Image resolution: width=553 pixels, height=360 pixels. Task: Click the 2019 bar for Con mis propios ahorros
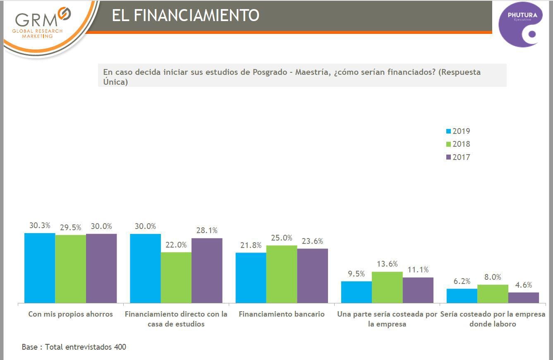(40, 268)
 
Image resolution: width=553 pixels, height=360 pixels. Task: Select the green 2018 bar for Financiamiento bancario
(282, 274)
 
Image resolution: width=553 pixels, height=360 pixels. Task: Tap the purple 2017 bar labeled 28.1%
(207, 270)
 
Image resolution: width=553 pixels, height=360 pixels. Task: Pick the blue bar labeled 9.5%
(357, 292)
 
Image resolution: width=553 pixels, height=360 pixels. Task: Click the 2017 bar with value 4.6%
(524, 298)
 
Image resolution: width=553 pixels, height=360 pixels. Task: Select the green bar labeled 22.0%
(176, 277)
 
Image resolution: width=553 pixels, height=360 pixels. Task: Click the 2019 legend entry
(458, 131)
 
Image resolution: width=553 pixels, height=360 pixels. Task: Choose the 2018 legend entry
(458, 144)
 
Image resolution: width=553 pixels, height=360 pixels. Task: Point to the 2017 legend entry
(458, 157)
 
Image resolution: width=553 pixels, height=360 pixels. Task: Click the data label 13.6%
(387, 264)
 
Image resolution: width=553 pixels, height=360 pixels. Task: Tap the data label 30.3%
(40, 226)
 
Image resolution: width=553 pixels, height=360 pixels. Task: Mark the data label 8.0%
(493, 277)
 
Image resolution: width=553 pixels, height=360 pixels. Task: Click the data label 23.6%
(312, 241)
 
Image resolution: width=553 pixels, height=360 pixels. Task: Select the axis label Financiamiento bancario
(282, 314)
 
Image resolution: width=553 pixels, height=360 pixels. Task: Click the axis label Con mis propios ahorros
(70, 314)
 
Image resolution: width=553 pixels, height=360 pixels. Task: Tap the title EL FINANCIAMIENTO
(185, 16)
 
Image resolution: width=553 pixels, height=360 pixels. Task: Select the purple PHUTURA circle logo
(520, 24)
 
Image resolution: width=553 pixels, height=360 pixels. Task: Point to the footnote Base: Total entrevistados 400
(74, 347)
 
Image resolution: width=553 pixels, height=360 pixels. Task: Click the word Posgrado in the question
(270, 72)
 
